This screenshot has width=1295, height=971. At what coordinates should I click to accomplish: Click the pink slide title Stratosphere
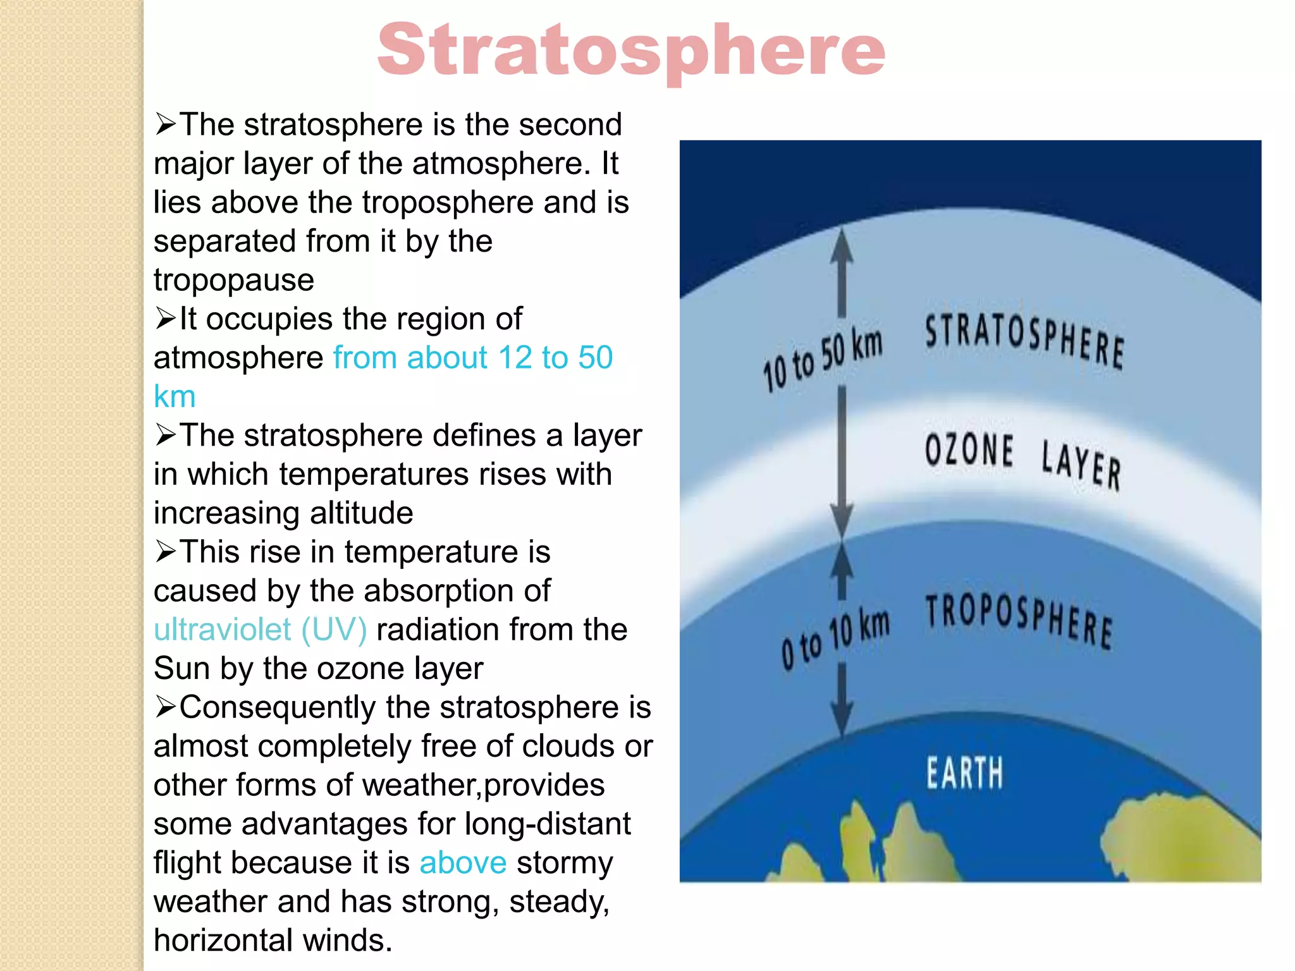pyautogui.click(x=631, y=51)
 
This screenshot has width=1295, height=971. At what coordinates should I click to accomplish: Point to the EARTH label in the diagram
pyautogui.click(x=964, y=773)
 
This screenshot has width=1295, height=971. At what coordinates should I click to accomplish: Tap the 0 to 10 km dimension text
pyautogui.click(x=835, y=638)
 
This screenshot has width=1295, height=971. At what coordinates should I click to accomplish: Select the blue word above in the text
pyautogui.click(x=463, y=863)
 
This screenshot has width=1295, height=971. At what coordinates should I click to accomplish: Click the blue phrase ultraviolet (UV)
pyautogui.click(x=260, y=630)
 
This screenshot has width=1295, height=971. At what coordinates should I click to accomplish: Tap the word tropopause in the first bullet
pyautogui.click(x=233, y=280)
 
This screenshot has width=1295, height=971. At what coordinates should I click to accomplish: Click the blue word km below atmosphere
pyautogui.click(x=175, y=397)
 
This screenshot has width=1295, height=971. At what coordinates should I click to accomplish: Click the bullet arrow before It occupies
pyautogui.click(x=165, y=319)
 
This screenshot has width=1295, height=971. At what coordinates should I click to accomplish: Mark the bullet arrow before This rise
pyautogui.click(x=165, y=552)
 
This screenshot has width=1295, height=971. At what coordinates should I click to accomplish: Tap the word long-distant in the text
pyautogui.click(x=547, y=824)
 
